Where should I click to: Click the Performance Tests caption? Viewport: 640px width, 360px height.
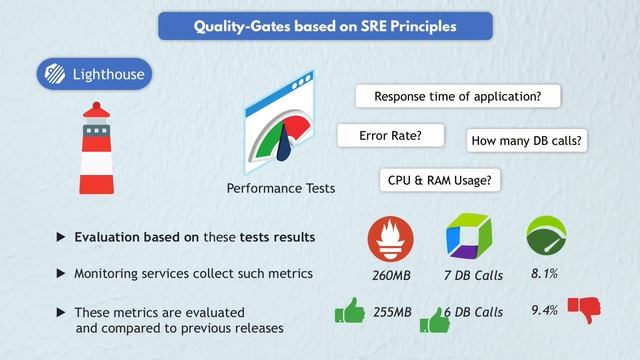coord(280,188)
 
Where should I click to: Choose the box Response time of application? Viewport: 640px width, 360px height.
coord(457,97)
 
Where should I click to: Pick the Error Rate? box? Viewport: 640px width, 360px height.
coord(389,134)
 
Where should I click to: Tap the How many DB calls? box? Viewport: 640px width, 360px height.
coord(526,141)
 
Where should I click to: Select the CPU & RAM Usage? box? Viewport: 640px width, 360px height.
coord(440,179)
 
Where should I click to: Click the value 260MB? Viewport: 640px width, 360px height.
coord(390,275)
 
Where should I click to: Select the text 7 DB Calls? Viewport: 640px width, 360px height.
coord(473,275)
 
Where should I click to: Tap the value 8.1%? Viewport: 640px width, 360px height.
coord(544,273)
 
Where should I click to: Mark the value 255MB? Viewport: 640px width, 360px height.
coord(391,312)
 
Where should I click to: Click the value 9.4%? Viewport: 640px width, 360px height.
coord(544,310)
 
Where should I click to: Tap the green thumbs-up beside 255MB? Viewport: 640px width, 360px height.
coord(349,313)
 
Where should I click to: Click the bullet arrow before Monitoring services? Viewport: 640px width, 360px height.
coord(61,273)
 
